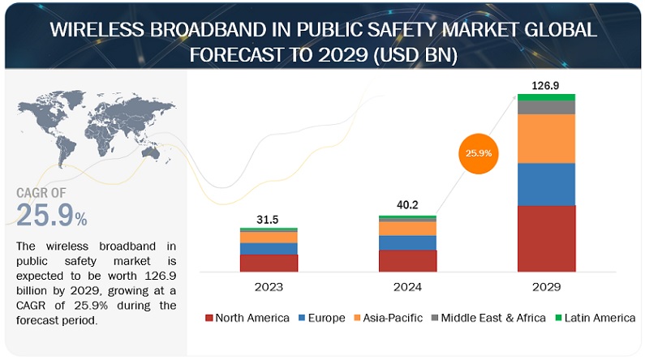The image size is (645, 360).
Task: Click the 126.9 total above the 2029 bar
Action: [x=546, y=84]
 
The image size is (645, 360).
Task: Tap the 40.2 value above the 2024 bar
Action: [x=407, y=205]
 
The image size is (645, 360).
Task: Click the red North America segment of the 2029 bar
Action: [x=546, y=238]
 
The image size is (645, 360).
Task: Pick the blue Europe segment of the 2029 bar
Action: [x=546, y=184]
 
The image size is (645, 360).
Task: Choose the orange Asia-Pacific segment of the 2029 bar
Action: [x=546, y=139]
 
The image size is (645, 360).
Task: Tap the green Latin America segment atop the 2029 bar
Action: [x=546, y=97]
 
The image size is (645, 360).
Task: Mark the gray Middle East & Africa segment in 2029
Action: [x=546, y=107]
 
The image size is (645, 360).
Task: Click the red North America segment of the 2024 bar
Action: [x=407, y=260]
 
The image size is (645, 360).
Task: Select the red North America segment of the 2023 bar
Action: [x=269, y=263]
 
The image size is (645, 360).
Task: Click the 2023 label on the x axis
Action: [x=269, y=285]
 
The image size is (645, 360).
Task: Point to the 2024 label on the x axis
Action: [x=407, y=285]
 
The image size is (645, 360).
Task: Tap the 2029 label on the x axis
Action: [x=546, y=285]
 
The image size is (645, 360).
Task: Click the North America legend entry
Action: [x=247, y=318]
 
